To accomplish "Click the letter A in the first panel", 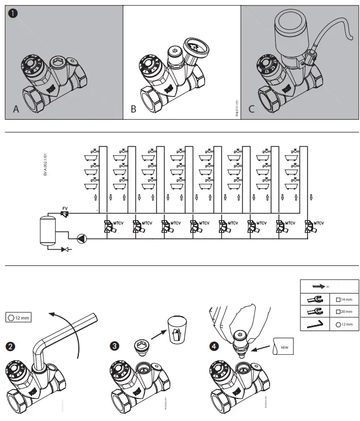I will [x=16, y=109].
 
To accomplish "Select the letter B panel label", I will [x=133, y=109].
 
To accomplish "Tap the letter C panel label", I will [x=251, y=109].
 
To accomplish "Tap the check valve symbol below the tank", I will [x=67, y=249].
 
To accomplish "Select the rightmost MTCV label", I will [x=318, y=223].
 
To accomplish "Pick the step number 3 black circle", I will [x=114, y=347].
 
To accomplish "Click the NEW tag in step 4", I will [x=284, y=348].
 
